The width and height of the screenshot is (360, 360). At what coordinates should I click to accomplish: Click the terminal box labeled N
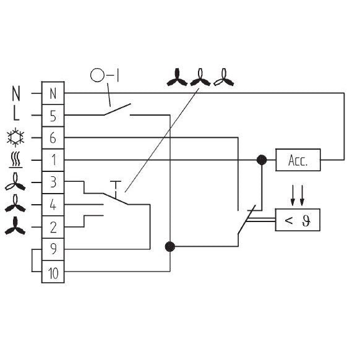(x=53, y=93)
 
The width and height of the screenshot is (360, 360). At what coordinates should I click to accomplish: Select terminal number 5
(x=53, y=116)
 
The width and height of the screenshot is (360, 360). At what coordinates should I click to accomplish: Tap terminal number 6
(x=53, y=138)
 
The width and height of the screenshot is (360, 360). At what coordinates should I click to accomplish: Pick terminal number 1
(x=53, y=160)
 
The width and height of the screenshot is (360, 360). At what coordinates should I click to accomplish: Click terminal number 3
(x=53, y=182)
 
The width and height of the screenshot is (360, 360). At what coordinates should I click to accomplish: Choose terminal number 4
(x=53, y=205)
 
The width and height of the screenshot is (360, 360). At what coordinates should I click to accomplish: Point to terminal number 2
(x=53, y=227)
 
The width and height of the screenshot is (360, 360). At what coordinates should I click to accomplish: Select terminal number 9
(x=53, y=249)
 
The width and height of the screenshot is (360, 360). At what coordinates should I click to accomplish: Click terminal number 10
(x=53, y=272)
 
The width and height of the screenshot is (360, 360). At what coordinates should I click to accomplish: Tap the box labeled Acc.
(x=298, y=160)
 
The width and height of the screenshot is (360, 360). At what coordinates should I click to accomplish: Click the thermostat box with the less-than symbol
(x=298, y=220)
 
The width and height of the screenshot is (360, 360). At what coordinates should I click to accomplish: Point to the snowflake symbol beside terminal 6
(x=15, y=137)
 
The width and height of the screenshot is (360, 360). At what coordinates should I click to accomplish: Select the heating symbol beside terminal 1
(x=15, y=160)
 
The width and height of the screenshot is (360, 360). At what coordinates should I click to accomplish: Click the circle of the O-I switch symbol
(x=97, y=75)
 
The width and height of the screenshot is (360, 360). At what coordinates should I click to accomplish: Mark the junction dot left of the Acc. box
(x=262, y=160)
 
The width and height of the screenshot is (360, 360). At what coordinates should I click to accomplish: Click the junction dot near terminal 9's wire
(x=170, y=247)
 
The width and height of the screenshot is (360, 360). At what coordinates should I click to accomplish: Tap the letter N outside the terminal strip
(x=16, y=93)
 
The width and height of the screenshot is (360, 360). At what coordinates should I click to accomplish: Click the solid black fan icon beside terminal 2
(x=15, y=226)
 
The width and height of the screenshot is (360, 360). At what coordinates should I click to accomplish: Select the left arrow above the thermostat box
(x=293, y=195)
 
